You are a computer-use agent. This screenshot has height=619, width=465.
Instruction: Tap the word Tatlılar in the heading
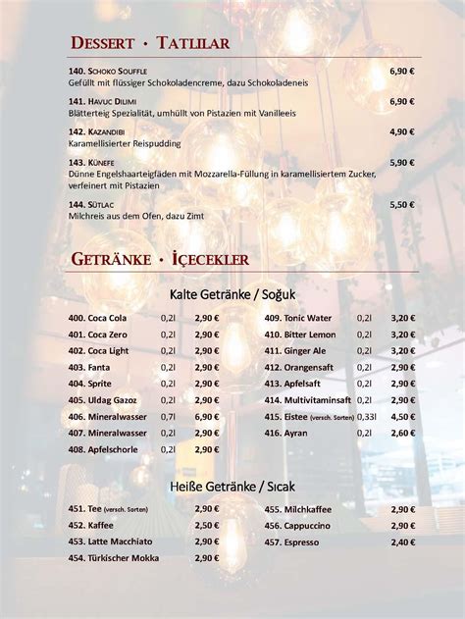point(194,44)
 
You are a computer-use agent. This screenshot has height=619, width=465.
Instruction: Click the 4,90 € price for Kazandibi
point(402,131)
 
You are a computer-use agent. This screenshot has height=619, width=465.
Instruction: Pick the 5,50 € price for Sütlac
point(402,204)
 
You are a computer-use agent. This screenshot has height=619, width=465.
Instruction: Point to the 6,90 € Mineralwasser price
point(206,417)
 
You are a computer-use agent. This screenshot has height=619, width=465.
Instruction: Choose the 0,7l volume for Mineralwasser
point(170,417)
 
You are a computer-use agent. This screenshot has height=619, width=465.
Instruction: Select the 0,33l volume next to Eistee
point(368,417)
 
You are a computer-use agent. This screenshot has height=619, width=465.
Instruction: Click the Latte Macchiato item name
point(117,541)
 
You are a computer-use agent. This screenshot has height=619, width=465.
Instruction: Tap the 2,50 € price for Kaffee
point(206,525)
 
